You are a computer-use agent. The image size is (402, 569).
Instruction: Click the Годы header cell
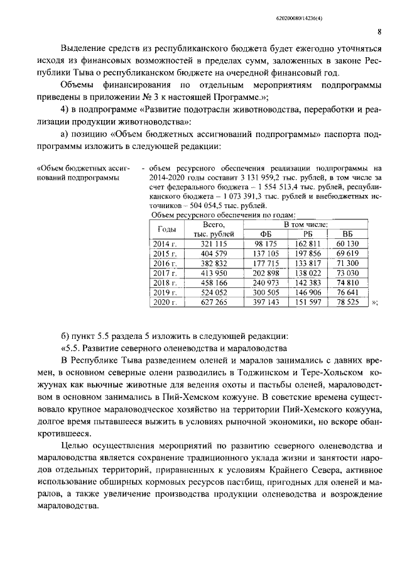click(x=166, y=229)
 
